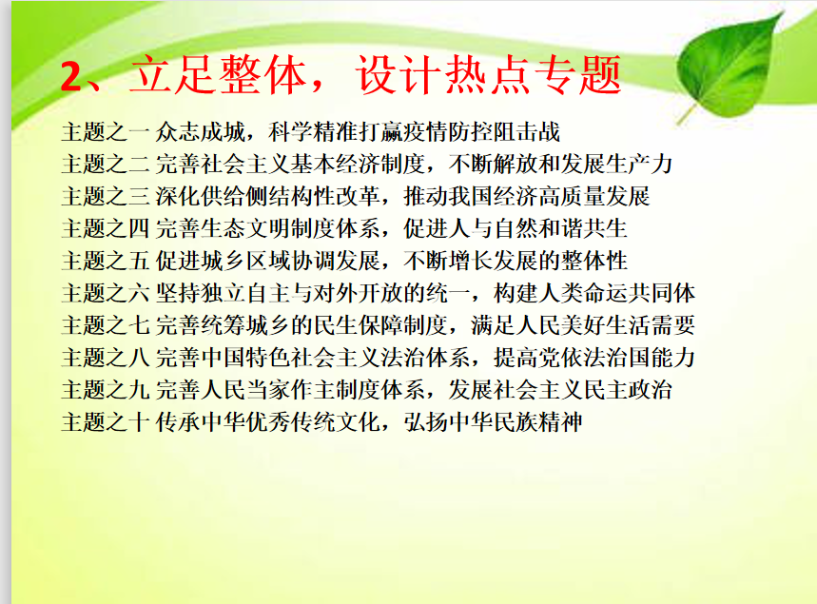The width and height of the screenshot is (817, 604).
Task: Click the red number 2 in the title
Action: [72, 76]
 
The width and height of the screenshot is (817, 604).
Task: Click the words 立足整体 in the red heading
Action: [218, 75]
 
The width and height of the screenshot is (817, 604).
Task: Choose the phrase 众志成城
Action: [201, 132]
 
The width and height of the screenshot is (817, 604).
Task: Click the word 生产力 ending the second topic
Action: [639, 165]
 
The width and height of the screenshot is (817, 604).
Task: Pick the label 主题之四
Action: [106, 229]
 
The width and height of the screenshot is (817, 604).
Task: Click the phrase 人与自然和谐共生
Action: [537, 229]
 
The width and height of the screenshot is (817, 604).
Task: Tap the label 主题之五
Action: [106, 261]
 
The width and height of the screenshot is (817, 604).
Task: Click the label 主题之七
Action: [106, 325]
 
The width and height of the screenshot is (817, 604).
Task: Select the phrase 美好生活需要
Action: [628, 325]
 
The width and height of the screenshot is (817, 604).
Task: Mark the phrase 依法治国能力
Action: [628, 358]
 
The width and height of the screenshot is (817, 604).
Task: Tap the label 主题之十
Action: [106, 422]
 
